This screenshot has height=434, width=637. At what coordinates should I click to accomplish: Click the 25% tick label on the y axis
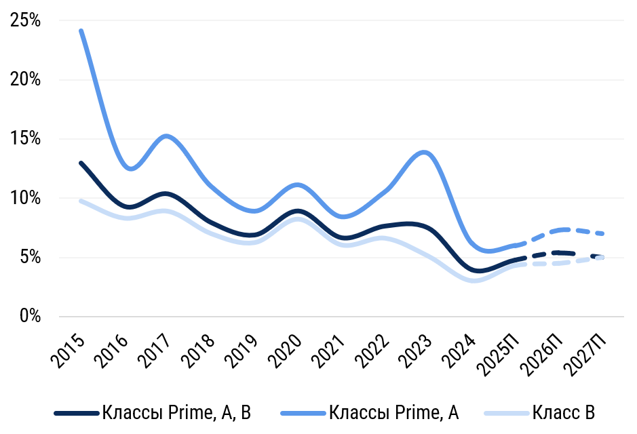click(26, 21)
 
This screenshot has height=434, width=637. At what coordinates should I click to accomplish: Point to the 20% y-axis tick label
click(26, 80)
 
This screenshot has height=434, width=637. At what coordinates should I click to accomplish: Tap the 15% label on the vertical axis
click(26, 139)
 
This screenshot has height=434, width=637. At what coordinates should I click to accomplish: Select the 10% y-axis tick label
click(26, 198)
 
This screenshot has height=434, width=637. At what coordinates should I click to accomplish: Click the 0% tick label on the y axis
click(30, 317)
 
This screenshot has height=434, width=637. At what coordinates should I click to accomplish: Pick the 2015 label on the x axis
click(69, 349)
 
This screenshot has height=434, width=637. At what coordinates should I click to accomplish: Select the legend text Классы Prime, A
click(394, 412)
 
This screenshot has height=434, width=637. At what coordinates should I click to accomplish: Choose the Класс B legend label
click(564, 412)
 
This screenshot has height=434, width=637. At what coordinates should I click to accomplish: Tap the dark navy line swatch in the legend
click(76, 412)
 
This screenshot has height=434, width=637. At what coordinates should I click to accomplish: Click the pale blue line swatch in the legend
click(506, 412)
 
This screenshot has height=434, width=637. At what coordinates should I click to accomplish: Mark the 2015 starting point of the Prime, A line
click(81, 31)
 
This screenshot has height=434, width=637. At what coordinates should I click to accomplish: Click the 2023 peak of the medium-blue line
click(425, 152)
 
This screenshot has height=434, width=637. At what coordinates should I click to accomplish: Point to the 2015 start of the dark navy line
click(81, 163)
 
